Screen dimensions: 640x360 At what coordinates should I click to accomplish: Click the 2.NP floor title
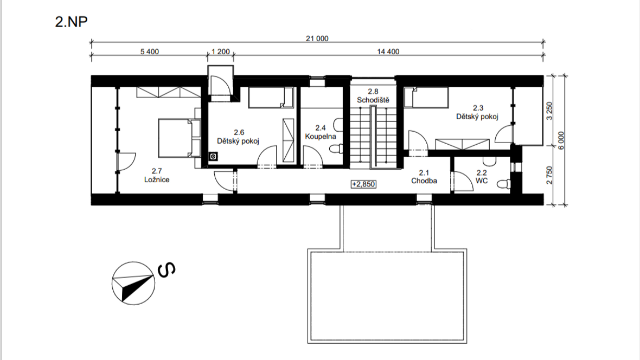point(71,22)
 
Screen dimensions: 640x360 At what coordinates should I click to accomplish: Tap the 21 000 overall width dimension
point(317,38)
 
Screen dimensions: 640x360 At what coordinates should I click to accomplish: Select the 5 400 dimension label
point(149,52)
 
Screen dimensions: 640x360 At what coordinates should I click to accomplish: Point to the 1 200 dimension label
point(220,52)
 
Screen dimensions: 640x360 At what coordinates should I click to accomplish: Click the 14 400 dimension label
point(388,52)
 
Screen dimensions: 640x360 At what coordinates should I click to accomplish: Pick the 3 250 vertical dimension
point(549,111)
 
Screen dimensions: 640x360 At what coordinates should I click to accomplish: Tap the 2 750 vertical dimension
point(549,175)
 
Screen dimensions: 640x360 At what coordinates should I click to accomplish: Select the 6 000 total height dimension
point(561,140)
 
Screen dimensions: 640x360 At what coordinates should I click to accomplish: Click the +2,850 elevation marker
point(363,184)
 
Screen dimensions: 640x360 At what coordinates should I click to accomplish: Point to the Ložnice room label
point(157,179)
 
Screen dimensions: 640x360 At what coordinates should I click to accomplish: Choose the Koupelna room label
point(321,136)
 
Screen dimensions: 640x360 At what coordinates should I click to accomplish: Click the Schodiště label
point(373,100)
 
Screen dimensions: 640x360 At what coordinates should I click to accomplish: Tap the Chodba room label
point(424,181)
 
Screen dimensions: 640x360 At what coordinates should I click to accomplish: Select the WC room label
point(482,181)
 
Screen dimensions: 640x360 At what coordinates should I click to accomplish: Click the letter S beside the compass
point(167,270)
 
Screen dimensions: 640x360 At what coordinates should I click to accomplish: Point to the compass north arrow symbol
point(133,283)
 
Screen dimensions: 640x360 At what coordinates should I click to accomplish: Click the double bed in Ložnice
point(175,138)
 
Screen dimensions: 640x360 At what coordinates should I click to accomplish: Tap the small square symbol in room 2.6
point(213,156)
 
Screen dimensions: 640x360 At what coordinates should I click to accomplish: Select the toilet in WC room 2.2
point(504,184)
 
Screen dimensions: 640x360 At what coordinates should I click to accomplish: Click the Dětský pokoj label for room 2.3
point(477,117)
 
